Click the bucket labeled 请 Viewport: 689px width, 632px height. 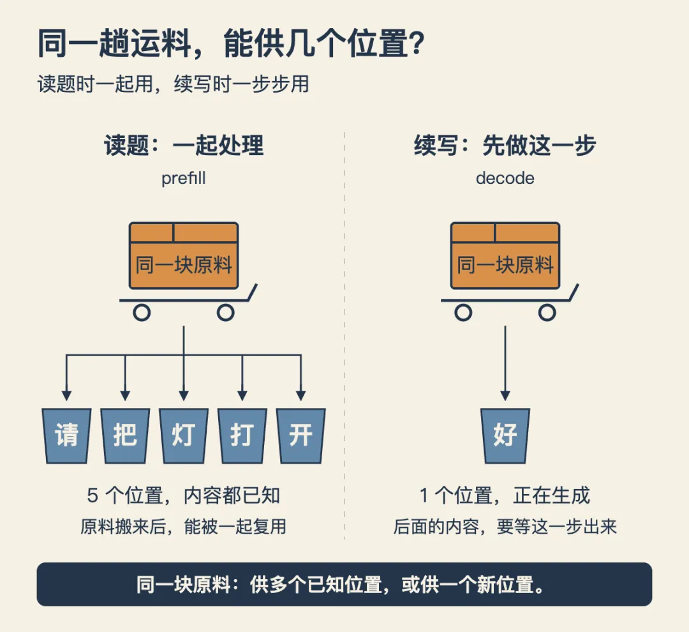pyautogui.click(x=67, y=435)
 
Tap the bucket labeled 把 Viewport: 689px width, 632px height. pyautogui.click(x=125, y=435)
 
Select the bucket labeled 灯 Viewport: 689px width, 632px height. pyautogui.click(x=184, y=435)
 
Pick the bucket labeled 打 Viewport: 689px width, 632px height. pyautogui.click(x=242, y=435)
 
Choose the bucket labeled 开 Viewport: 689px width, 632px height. pyautogui.click(x=301, y=435)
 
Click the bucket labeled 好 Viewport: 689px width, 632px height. pyautogui.click(x=505, y=435)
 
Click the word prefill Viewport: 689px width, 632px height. pyautogui.click(x=183, y=179)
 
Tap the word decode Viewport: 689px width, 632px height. pyautogui.click(x=505, y=178)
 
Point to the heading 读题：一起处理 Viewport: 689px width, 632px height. pyautogui.click(x=184, y=145)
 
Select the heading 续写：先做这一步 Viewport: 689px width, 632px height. pyautogui.click(x=505, y=145)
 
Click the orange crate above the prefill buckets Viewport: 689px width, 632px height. pyautogui.click(x=184, y=255)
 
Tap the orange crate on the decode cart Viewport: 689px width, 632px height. pyautogui.click(x=505, y=255)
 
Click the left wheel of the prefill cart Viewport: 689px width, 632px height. pyautogui.click(x=142, y=313)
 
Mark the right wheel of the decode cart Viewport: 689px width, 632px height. pyautogui.click(x=547, y=313)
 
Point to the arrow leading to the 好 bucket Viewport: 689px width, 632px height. pyautogui.click(x=505, y=363)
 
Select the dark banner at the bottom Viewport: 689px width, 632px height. pyautogui.click(x=344, y=584)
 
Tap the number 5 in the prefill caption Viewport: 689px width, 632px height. pyautogui.click(x=93, y=495)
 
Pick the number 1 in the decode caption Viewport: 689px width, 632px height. pyautogui.click(x=424, y=495)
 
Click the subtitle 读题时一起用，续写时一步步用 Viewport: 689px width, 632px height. pyautogui.click(x=174, y=84)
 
